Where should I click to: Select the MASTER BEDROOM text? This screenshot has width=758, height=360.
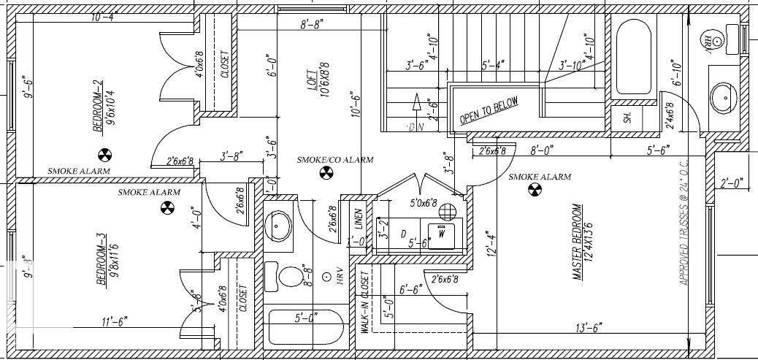(x=576, y=242)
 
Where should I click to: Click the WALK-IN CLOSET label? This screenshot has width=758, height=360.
(x=362, y=304)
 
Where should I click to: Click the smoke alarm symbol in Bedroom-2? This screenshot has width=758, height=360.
(x=104, y=155)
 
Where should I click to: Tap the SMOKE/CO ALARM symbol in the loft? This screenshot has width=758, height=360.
(x=325, y=173)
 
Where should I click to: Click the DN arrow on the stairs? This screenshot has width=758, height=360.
(x=416, y=110)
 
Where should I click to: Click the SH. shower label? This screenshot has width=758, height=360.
(x=627, y=116)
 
